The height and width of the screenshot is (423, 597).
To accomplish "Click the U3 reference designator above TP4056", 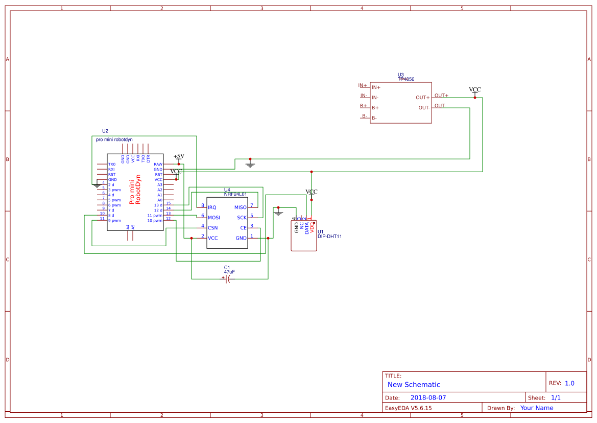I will (400, 75).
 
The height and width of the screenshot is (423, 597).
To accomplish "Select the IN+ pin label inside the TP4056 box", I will (376, 87).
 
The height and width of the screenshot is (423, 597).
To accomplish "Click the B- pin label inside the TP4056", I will (374, 118).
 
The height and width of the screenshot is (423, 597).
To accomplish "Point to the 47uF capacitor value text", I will (229, 272).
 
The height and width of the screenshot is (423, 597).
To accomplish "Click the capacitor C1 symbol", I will (227, 279).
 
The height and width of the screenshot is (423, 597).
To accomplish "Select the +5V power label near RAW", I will (179, 156).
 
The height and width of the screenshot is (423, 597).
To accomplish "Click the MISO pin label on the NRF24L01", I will (240, 207).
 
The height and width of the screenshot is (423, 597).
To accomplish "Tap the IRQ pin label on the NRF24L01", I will (212, 207).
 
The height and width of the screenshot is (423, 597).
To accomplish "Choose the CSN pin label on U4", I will (212, 228).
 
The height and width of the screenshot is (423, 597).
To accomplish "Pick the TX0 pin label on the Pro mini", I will (112, 165).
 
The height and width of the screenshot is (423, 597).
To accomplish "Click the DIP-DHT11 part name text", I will (329, 237).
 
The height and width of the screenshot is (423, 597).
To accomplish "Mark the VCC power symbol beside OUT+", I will (475, 90).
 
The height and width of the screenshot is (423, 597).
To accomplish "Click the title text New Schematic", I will (414, 385).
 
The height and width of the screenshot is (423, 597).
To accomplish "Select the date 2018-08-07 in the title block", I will (428, 397).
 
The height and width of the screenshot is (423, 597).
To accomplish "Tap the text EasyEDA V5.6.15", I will (408, 408).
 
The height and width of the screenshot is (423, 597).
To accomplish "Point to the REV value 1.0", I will (569, 383).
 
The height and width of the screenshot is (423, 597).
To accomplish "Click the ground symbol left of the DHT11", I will (278, 212).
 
